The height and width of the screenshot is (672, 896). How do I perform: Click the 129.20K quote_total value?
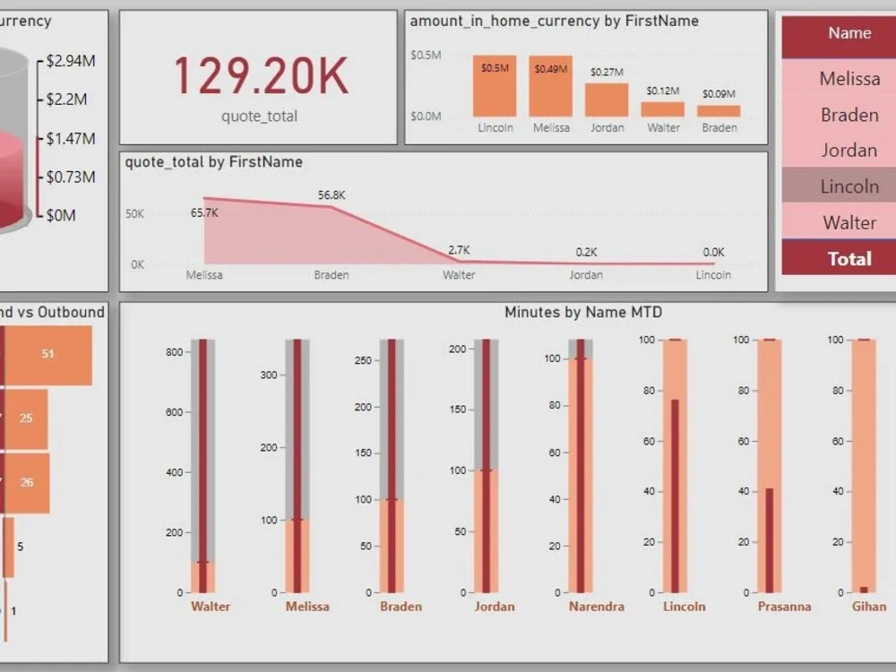point(260,75)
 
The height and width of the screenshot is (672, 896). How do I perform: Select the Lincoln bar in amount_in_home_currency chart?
point(495,86)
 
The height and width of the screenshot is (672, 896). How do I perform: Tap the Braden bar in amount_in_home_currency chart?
point(719,110)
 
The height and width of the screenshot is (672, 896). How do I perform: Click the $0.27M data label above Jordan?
point(607,73)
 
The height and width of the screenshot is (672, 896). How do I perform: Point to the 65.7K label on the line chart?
point(204,212)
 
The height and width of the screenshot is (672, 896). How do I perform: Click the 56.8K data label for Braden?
point(332,194)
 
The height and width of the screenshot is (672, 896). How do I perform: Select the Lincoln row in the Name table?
point(849,186)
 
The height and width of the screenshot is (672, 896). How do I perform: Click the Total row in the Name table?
point(849,258)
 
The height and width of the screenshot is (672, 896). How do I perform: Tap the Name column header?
point(849,33)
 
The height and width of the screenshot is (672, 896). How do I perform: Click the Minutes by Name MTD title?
point(582,312)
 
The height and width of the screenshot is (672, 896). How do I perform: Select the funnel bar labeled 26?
point(28,482)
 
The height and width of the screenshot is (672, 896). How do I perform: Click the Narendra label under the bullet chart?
point(596,607)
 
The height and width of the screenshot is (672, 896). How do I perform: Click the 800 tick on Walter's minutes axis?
point(174,352)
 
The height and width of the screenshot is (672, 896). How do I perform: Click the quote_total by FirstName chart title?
point(213,162)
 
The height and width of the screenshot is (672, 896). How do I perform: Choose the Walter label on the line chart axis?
point(459,275)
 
